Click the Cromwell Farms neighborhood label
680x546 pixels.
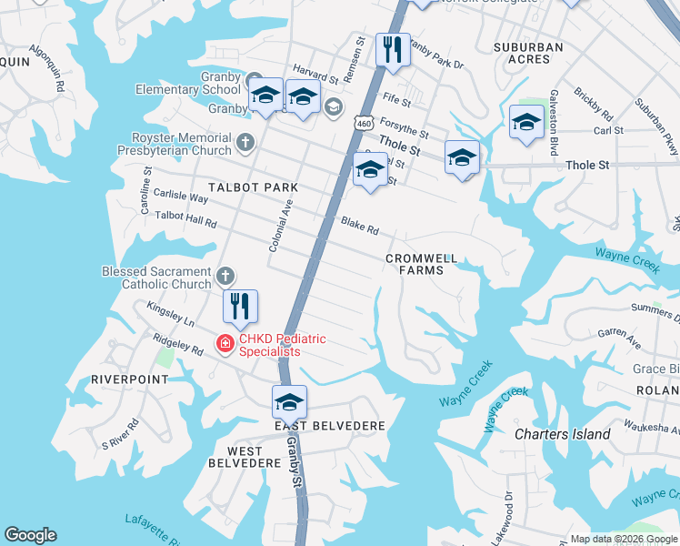tap(420, 264)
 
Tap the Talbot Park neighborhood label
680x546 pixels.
tap(253, 187)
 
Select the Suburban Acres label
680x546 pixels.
tap(527, 53)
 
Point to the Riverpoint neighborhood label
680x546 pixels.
tap(130, 379)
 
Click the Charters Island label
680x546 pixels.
tap(562, 434)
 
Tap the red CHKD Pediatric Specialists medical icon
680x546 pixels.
tap(223, 343)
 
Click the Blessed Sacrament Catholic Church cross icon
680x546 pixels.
tap(226, 275)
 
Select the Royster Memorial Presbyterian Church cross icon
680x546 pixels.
tap(245, 142)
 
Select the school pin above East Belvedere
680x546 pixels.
tap(289, 401)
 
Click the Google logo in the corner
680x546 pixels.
tap(30, 535)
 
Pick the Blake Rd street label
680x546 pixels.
tap(359, 225)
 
